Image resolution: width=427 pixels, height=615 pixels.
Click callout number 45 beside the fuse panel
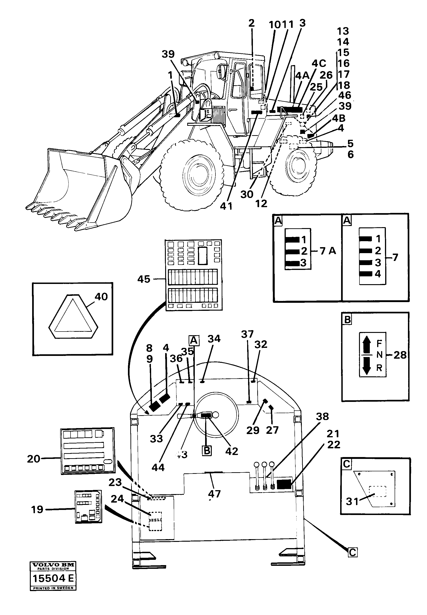(x=144, y=279)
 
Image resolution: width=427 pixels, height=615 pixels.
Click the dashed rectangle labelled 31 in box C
(x=378, y=491)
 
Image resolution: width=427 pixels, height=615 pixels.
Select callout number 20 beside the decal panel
(x=34, y=459)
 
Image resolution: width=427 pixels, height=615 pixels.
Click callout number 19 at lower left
(x=37, y=509)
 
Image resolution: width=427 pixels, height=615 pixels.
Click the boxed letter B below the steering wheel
(x=207, y=451)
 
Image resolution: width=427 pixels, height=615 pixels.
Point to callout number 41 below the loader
(x=226, y=206)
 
